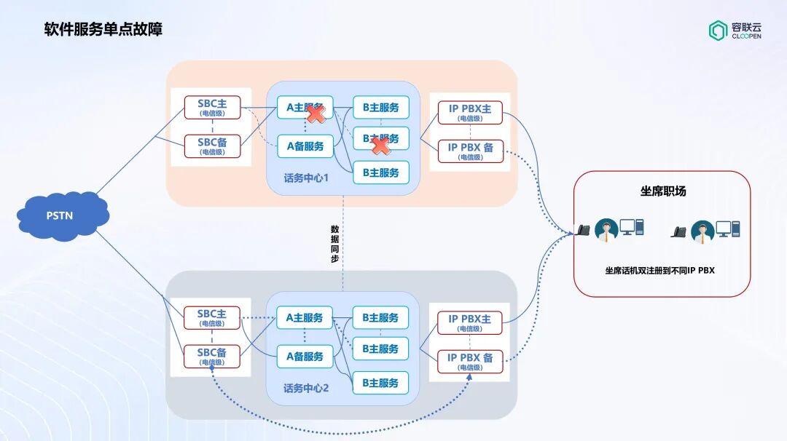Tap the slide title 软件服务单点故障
tap(103, 29)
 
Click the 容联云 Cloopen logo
tap(735, 31)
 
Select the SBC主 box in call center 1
tap(212, 108)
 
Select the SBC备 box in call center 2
tap(212, 357)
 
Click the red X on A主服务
tap(315, 114)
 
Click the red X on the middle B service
tap(380, 146)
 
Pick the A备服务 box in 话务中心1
tap(305, 146)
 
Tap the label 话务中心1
tap(306, 178)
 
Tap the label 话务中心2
tap(306, 388)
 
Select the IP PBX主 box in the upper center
tap(470, 113)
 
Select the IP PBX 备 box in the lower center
tap(470, 361)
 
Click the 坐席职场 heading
tap(662, 191)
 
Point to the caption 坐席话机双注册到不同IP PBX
tap(660, 270)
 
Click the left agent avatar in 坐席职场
tap(606, 230)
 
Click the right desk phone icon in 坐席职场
tap(679, 232)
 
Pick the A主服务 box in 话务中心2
tap(305, 318)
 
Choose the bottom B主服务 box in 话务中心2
tap(380, 383)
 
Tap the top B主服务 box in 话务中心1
tap(380, 108)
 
